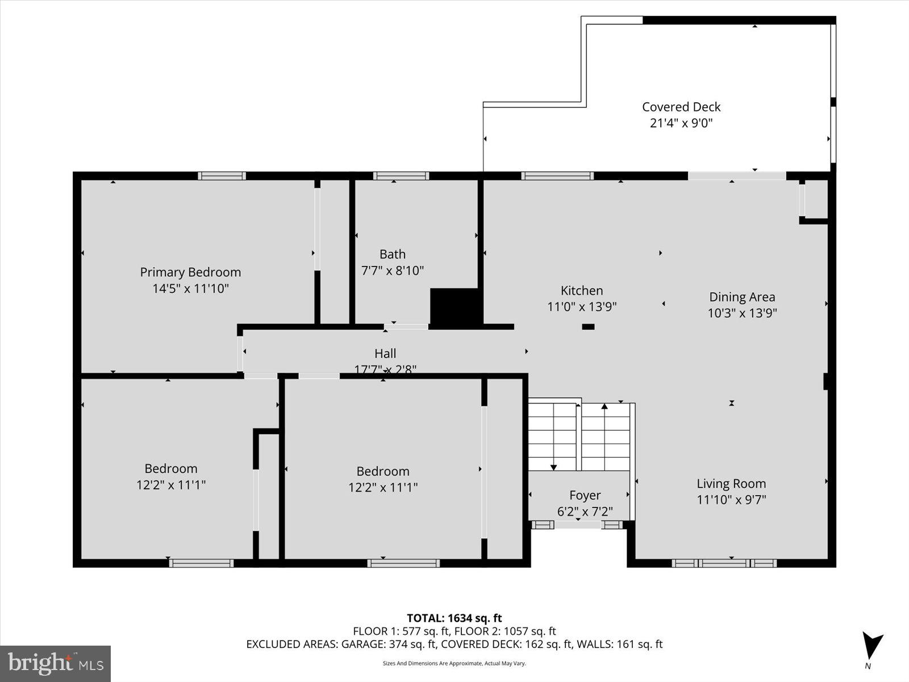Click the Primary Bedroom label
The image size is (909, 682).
point(190,272)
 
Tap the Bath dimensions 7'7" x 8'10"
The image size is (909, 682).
point(393,271)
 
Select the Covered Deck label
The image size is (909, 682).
point(681,107)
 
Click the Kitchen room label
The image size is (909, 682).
point(582,290)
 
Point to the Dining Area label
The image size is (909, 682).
point(742,297)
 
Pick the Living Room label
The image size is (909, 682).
point(731,484)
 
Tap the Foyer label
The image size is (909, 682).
point(585,495)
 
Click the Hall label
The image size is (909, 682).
point(385,354)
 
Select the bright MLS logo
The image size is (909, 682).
point(55,663)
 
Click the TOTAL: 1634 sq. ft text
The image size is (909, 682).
point(454,618)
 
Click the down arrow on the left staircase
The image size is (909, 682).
point(553,466)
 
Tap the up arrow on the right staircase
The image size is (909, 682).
point(604,407)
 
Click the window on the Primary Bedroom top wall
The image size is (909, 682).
point(222,176)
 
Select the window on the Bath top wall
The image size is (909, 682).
point(401,176)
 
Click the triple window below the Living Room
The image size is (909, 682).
point(724,563)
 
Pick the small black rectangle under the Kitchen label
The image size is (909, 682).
point(588,327)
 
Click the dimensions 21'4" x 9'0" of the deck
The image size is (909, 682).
point(681,123)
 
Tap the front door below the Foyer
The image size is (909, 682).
point(577,525)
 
